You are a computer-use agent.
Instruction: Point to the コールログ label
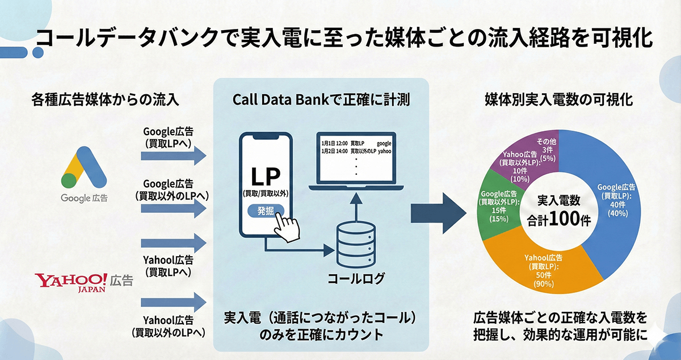tap(356, 279)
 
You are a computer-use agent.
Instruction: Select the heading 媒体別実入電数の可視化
tap(559, 99)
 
